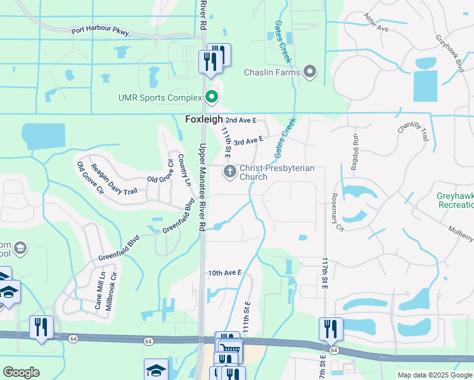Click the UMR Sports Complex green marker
[212, 98]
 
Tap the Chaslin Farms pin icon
[310, 72]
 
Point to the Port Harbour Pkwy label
[101, 30]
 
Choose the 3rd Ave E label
[248, 141]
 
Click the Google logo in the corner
[21, 372]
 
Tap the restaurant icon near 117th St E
[331, 329]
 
